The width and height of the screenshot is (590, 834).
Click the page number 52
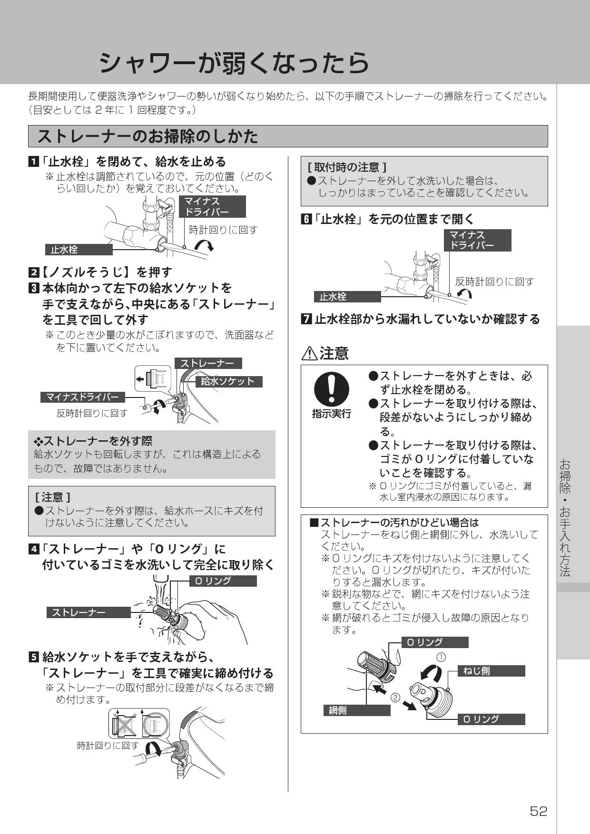point(539,811)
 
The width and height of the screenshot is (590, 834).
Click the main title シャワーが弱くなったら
point(234,62)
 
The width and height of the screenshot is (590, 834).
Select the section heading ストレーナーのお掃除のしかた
point(148,136)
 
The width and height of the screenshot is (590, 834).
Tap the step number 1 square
point(33,162)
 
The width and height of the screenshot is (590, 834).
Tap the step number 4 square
point(34,549)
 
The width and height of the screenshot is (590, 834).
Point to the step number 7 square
point(306,319)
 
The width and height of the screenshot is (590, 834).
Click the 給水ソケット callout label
point(228,381)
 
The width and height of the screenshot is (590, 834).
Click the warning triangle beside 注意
point(309,353)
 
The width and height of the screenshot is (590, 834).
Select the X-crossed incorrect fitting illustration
point(125,725)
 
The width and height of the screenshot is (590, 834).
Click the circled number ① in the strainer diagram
point(441,657)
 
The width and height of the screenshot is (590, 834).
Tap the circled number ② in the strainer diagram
point(395,698)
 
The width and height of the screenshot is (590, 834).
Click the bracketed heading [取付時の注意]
point(347,167)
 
